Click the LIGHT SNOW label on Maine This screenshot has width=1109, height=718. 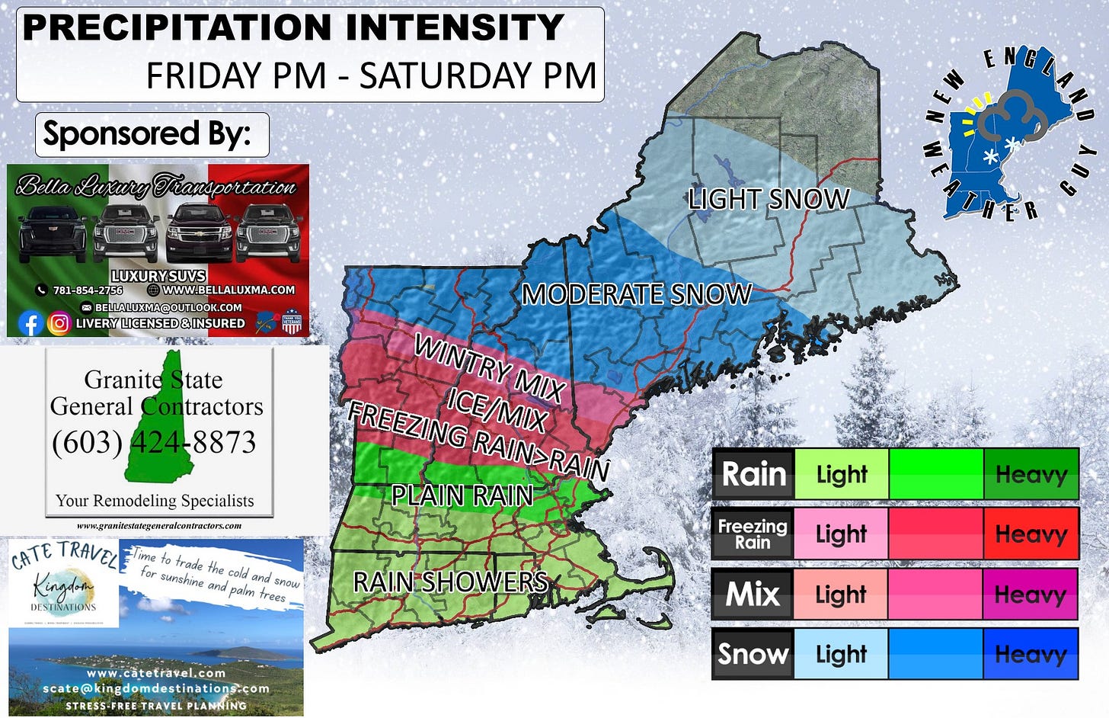[x=768, y=200]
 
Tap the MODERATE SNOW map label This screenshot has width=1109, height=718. [x=637, y=294]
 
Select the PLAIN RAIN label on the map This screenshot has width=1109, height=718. [x=462, y=495]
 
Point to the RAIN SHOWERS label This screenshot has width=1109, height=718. [x=449, y=582]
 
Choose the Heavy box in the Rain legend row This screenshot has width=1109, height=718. [x=1031, y=474]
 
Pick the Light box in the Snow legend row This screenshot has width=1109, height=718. [x=841, y=654]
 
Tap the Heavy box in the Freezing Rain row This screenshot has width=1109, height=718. [x=1031, y=534]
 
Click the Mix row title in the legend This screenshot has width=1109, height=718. [x=753, y=594]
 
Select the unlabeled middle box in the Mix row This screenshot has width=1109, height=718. [x=935, y=594]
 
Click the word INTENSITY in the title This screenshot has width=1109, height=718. [x=455, y=27]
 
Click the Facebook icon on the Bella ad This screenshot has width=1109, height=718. [x=30, y=323]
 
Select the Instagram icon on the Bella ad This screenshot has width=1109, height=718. [x=59, y=323]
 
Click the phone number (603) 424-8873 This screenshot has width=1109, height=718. [x=154, y=442]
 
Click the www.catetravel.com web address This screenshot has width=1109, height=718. [x=156, y=673]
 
